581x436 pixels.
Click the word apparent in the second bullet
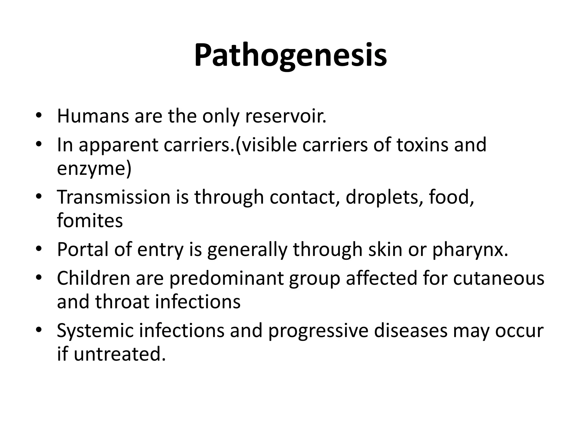pos(118,145)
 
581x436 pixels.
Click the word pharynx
pos(470,250)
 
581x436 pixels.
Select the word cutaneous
pos(498,278)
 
